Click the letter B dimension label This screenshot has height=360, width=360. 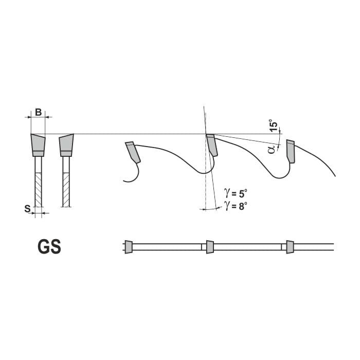click(39, 112)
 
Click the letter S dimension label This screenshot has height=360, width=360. click(28, 209)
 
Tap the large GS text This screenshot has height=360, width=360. click(49, 246)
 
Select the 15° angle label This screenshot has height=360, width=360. click(274, 125)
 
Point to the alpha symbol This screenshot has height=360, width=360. click(272, 149)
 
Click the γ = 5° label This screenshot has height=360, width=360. click(236, 193)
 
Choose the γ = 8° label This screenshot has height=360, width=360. click(236, 206)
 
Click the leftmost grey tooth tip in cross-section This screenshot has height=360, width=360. click(38, 145)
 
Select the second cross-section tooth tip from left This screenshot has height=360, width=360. click(66, 145)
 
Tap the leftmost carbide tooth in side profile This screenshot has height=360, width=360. click(133, 152)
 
